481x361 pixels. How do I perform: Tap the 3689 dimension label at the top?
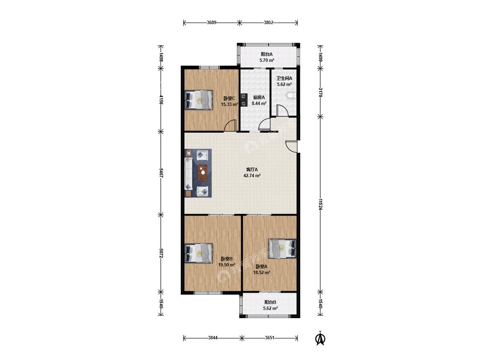(212, 22)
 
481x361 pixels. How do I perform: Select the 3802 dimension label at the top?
(269, 22)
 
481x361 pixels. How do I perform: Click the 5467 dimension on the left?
(161, 173)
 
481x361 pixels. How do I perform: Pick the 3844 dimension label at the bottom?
(212, 338)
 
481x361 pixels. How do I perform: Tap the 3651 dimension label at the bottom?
(269, 338)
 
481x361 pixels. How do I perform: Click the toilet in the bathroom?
(291, 96)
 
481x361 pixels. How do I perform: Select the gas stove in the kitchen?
(244, 100)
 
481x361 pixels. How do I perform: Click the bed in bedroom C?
(199, 100)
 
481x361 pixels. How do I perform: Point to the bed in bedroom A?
(282, 248)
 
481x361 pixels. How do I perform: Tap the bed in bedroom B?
(199, 253)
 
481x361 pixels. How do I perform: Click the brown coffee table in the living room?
(203, 173)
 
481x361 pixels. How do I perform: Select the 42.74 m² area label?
(252, 176)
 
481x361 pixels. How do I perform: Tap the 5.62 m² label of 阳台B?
(270, 308)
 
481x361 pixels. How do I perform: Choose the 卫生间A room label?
(284, 78)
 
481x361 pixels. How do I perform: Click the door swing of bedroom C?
(230, 125)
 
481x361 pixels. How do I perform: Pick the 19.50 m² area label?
(227, 265)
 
